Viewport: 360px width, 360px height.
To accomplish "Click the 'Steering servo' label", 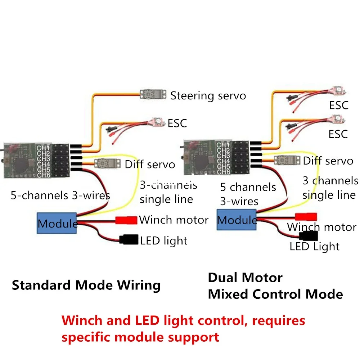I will [208, 96].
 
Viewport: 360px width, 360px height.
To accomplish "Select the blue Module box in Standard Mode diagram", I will [57, 223].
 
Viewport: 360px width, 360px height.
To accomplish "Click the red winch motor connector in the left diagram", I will [126, 220].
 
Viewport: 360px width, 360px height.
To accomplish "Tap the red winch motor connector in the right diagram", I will [306, 216].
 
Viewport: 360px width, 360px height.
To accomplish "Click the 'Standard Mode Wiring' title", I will [86, 285].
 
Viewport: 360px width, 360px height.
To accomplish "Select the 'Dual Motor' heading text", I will [245, 278].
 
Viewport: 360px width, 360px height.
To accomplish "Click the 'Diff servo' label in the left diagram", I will [150, 165].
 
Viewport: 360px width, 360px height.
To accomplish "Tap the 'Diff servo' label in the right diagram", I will [328, 161].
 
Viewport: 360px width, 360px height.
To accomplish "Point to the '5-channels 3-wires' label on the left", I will [60, 195].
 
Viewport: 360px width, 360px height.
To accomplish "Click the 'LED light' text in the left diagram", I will [164, 240].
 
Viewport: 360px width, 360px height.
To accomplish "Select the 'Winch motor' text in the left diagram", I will [174, 220].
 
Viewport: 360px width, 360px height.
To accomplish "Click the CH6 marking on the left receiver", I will [43, 175].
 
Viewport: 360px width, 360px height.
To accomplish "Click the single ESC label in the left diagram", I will [177, 123].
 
